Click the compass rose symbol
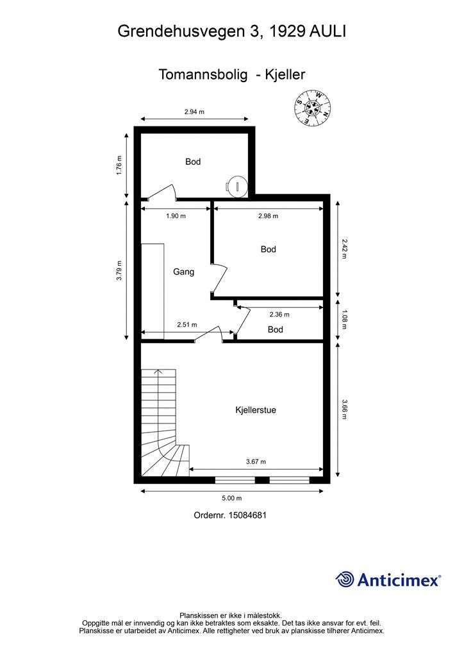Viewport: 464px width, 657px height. coord(313,107)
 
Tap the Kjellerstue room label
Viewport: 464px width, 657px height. coord(256,410)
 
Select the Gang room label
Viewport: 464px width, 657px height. coord(184,271)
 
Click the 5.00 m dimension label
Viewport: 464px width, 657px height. coord(232,498)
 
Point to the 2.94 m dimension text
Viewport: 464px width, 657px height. coord(194,112)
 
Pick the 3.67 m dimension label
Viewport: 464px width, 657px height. coord(256,461)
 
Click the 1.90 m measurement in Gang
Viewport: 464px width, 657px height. coord(176,216)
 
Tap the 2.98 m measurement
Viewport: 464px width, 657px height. coord(268,216)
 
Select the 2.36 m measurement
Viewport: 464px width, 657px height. coord(279,314)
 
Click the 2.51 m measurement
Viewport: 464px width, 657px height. coord(187,324)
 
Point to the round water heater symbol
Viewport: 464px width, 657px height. coord(237,185)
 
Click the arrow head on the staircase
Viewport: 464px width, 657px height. coord(158,371)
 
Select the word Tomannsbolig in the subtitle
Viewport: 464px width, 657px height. coord(203,74)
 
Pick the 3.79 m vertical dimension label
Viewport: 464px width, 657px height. coord(119,270)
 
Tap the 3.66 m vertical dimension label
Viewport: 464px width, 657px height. coord(344,409)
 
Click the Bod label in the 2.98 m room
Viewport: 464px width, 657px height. coord(268,250)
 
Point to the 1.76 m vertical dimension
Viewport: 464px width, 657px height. coord(119,166)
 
